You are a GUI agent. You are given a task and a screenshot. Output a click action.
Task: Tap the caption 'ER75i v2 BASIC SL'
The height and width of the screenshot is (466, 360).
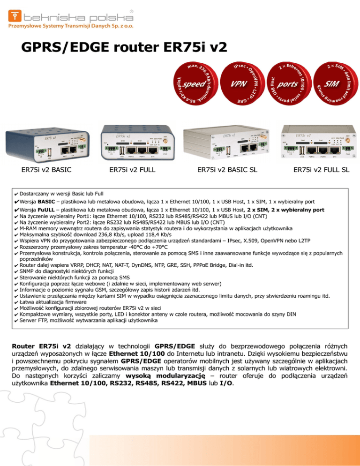coord(227,170)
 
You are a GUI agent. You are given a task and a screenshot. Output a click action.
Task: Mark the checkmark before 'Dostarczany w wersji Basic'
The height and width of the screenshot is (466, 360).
coord(16,193)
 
